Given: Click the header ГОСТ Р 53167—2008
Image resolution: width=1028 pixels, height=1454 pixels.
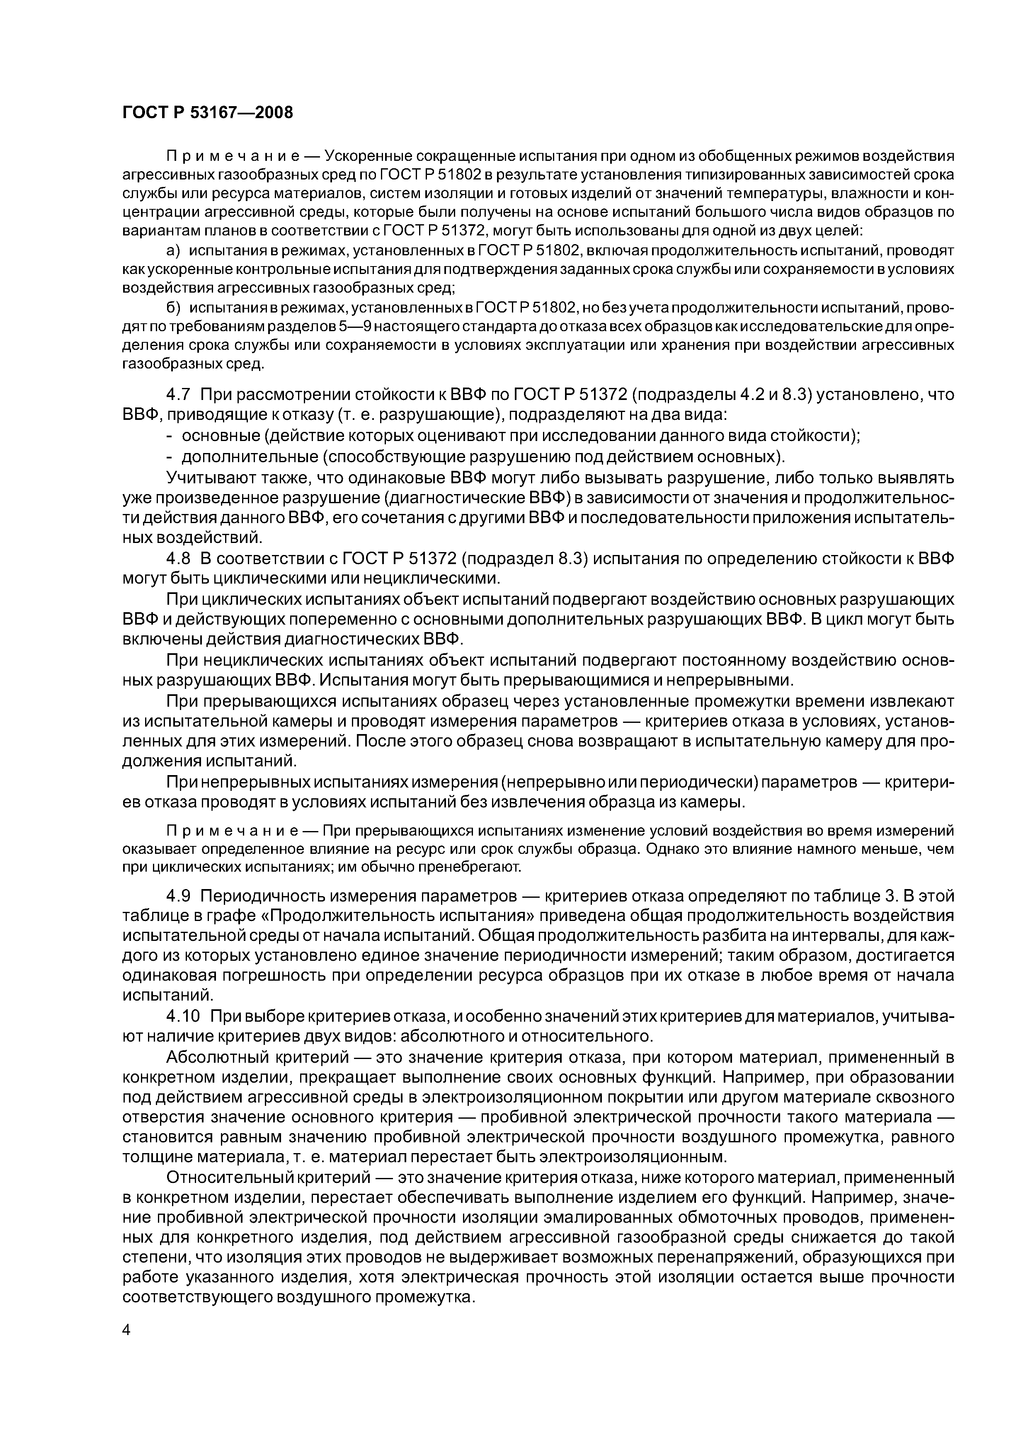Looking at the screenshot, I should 208,113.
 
